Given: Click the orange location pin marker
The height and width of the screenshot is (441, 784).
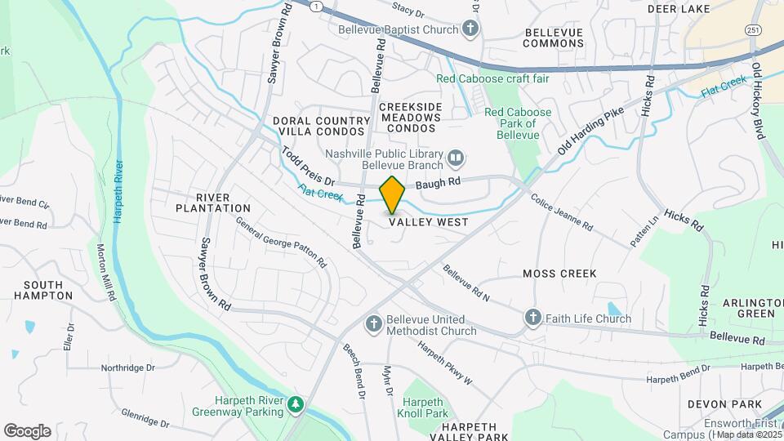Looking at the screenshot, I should click(392, 194).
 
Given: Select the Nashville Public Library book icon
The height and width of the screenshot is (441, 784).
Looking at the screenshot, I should click(456, 156).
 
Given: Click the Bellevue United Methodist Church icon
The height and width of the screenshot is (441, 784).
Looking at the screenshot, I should click(374, 324).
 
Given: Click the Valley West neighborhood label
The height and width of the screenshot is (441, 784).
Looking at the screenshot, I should click(428, 222).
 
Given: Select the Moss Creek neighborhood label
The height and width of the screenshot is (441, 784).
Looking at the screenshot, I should click(559, 274).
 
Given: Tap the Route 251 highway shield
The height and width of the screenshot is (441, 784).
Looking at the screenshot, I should click(753, 30).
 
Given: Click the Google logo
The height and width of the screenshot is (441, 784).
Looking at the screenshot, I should click(27, 431).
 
